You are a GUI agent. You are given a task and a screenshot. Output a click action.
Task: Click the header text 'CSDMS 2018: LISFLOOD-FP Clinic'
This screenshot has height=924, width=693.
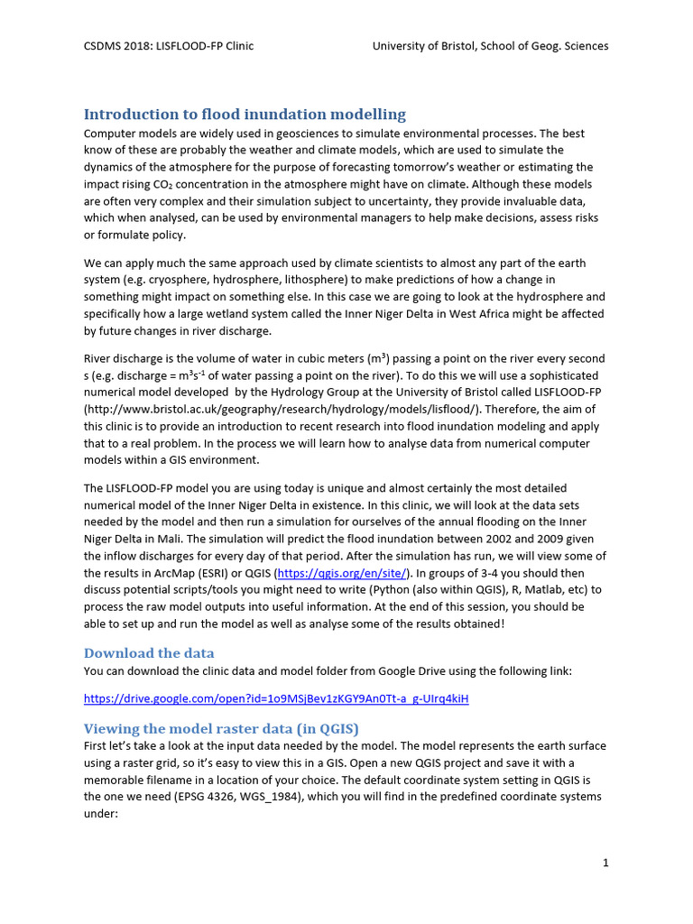[169, 46]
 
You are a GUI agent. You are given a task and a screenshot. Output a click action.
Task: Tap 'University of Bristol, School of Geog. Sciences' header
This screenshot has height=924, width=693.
[490, 46]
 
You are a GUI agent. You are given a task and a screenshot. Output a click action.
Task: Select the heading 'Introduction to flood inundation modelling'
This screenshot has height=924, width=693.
[245, 114]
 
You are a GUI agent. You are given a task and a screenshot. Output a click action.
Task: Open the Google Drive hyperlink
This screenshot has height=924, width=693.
[276, 698]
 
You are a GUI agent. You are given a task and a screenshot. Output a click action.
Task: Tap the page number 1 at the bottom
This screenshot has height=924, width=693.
[605, 863]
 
